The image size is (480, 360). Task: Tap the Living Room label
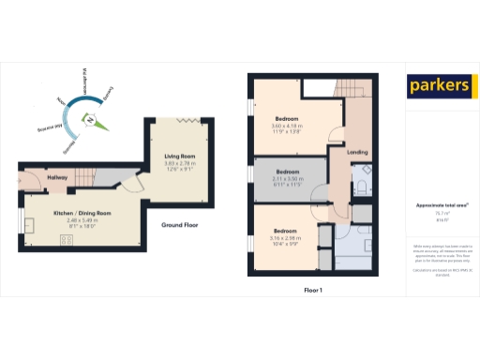[x=180, y=156]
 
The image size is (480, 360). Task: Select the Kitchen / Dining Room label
[x=82, y=214]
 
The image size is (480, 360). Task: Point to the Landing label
[x=356, y=151]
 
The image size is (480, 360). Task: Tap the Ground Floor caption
[x=178, y=226]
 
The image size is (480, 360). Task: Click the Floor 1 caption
[x=313, y=291]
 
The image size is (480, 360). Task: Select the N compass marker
[x=90, y=120]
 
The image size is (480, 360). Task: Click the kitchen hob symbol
[x=67, y=239]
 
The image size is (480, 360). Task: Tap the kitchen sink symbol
[x=29, y=225]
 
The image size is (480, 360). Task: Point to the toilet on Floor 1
[x=362, y=187]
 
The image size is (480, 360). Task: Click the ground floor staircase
[x=86, y=174]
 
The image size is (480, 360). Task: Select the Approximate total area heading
[x=435, y=204]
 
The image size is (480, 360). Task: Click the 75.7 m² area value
[x=435, y=213]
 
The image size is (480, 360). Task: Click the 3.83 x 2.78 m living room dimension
[x=180, y=163]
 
